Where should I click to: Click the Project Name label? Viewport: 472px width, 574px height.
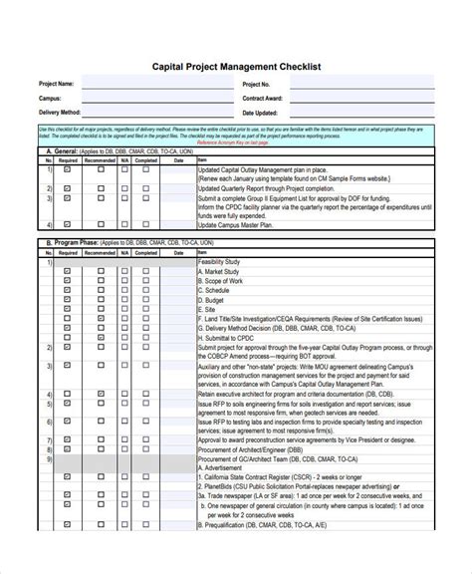[x=56, y=85]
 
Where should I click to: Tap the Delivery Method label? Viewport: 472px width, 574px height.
[x=59, y=114]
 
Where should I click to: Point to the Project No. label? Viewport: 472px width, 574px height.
[x=256, y=85]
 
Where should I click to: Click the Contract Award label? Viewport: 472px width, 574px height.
[x=262, y=100]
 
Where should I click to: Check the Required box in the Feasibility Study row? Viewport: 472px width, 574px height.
[x=67, y=261]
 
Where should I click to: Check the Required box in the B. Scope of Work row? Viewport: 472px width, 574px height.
[x=67, y=280]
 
